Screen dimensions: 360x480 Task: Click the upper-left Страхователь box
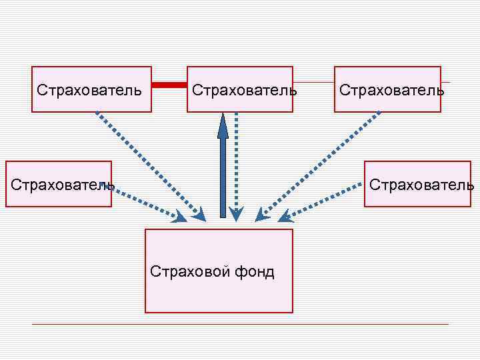pyautogui.click(x=91, y=89)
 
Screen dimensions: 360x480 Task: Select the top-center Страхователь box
pyautogui.click(x=240, y=89)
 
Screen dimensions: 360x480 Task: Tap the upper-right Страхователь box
pyautogui.click(x=387, y=89)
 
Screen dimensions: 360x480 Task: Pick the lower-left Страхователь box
pyautogui.click(x=59, y=184)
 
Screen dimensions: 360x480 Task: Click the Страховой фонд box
pyautogui.click(x=219, y=271)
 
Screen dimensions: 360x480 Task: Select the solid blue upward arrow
pyautogui.click(x=223, y=167)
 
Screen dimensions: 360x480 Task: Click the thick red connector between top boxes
pyautogui.click(x=169, y=85)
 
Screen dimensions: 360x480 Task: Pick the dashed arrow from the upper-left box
pyautogui.click(x=147, y=163)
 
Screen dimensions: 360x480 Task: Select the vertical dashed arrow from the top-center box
pyautogui.click(x=237, y=163)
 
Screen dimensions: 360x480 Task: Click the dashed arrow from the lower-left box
pyautogui.click(x=147, y=203)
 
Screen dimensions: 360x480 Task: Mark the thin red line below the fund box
pyautogui.click(x=240, y=325)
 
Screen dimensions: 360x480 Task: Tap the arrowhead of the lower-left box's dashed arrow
pyautogui.click(x=180, y=217)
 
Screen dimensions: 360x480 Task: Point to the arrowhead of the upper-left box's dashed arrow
pyautogui.click(x=199, y=215)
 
